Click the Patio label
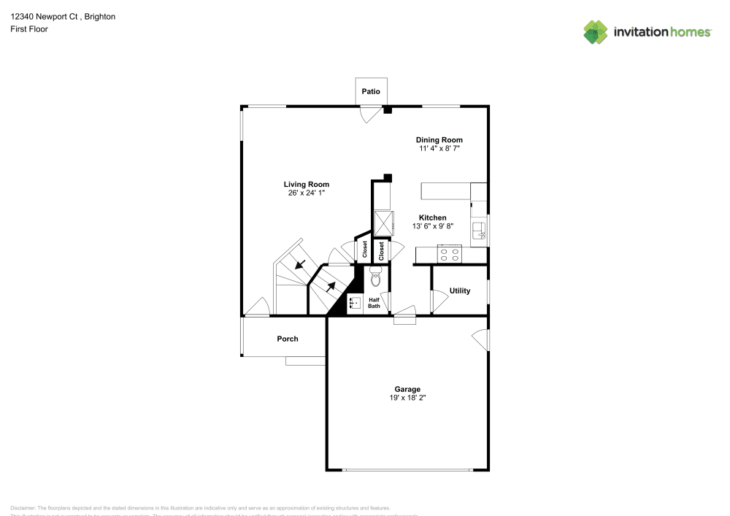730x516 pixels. [x=371, y=92]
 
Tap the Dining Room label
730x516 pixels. [x=439, y=140]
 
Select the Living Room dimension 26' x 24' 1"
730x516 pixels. [x=307, y=193]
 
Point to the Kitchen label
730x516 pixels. [x=432, y=217]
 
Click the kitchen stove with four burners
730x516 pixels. [x=449, y=255]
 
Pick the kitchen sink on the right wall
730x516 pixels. [x=480, y=231]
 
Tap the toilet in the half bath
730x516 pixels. [x=375, y=276]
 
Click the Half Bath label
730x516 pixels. [x=374, y=303]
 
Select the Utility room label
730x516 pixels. [x=460, y=290]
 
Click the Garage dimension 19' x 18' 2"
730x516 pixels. [x=408, y=398]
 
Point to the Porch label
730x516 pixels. [x=288, y=339]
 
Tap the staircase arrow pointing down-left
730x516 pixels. [x=299, y=263]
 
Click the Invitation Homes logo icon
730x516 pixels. [x=596, y=31]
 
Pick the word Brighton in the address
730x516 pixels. [x=100, y=16]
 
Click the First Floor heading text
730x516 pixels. [x=29, y=29]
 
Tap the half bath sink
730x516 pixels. [x=355, y=303]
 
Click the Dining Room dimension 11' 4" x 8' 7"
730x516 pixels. [x=439, y=149]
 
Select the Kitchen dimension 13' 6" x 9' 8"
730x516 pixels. [x=432, y=226]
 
